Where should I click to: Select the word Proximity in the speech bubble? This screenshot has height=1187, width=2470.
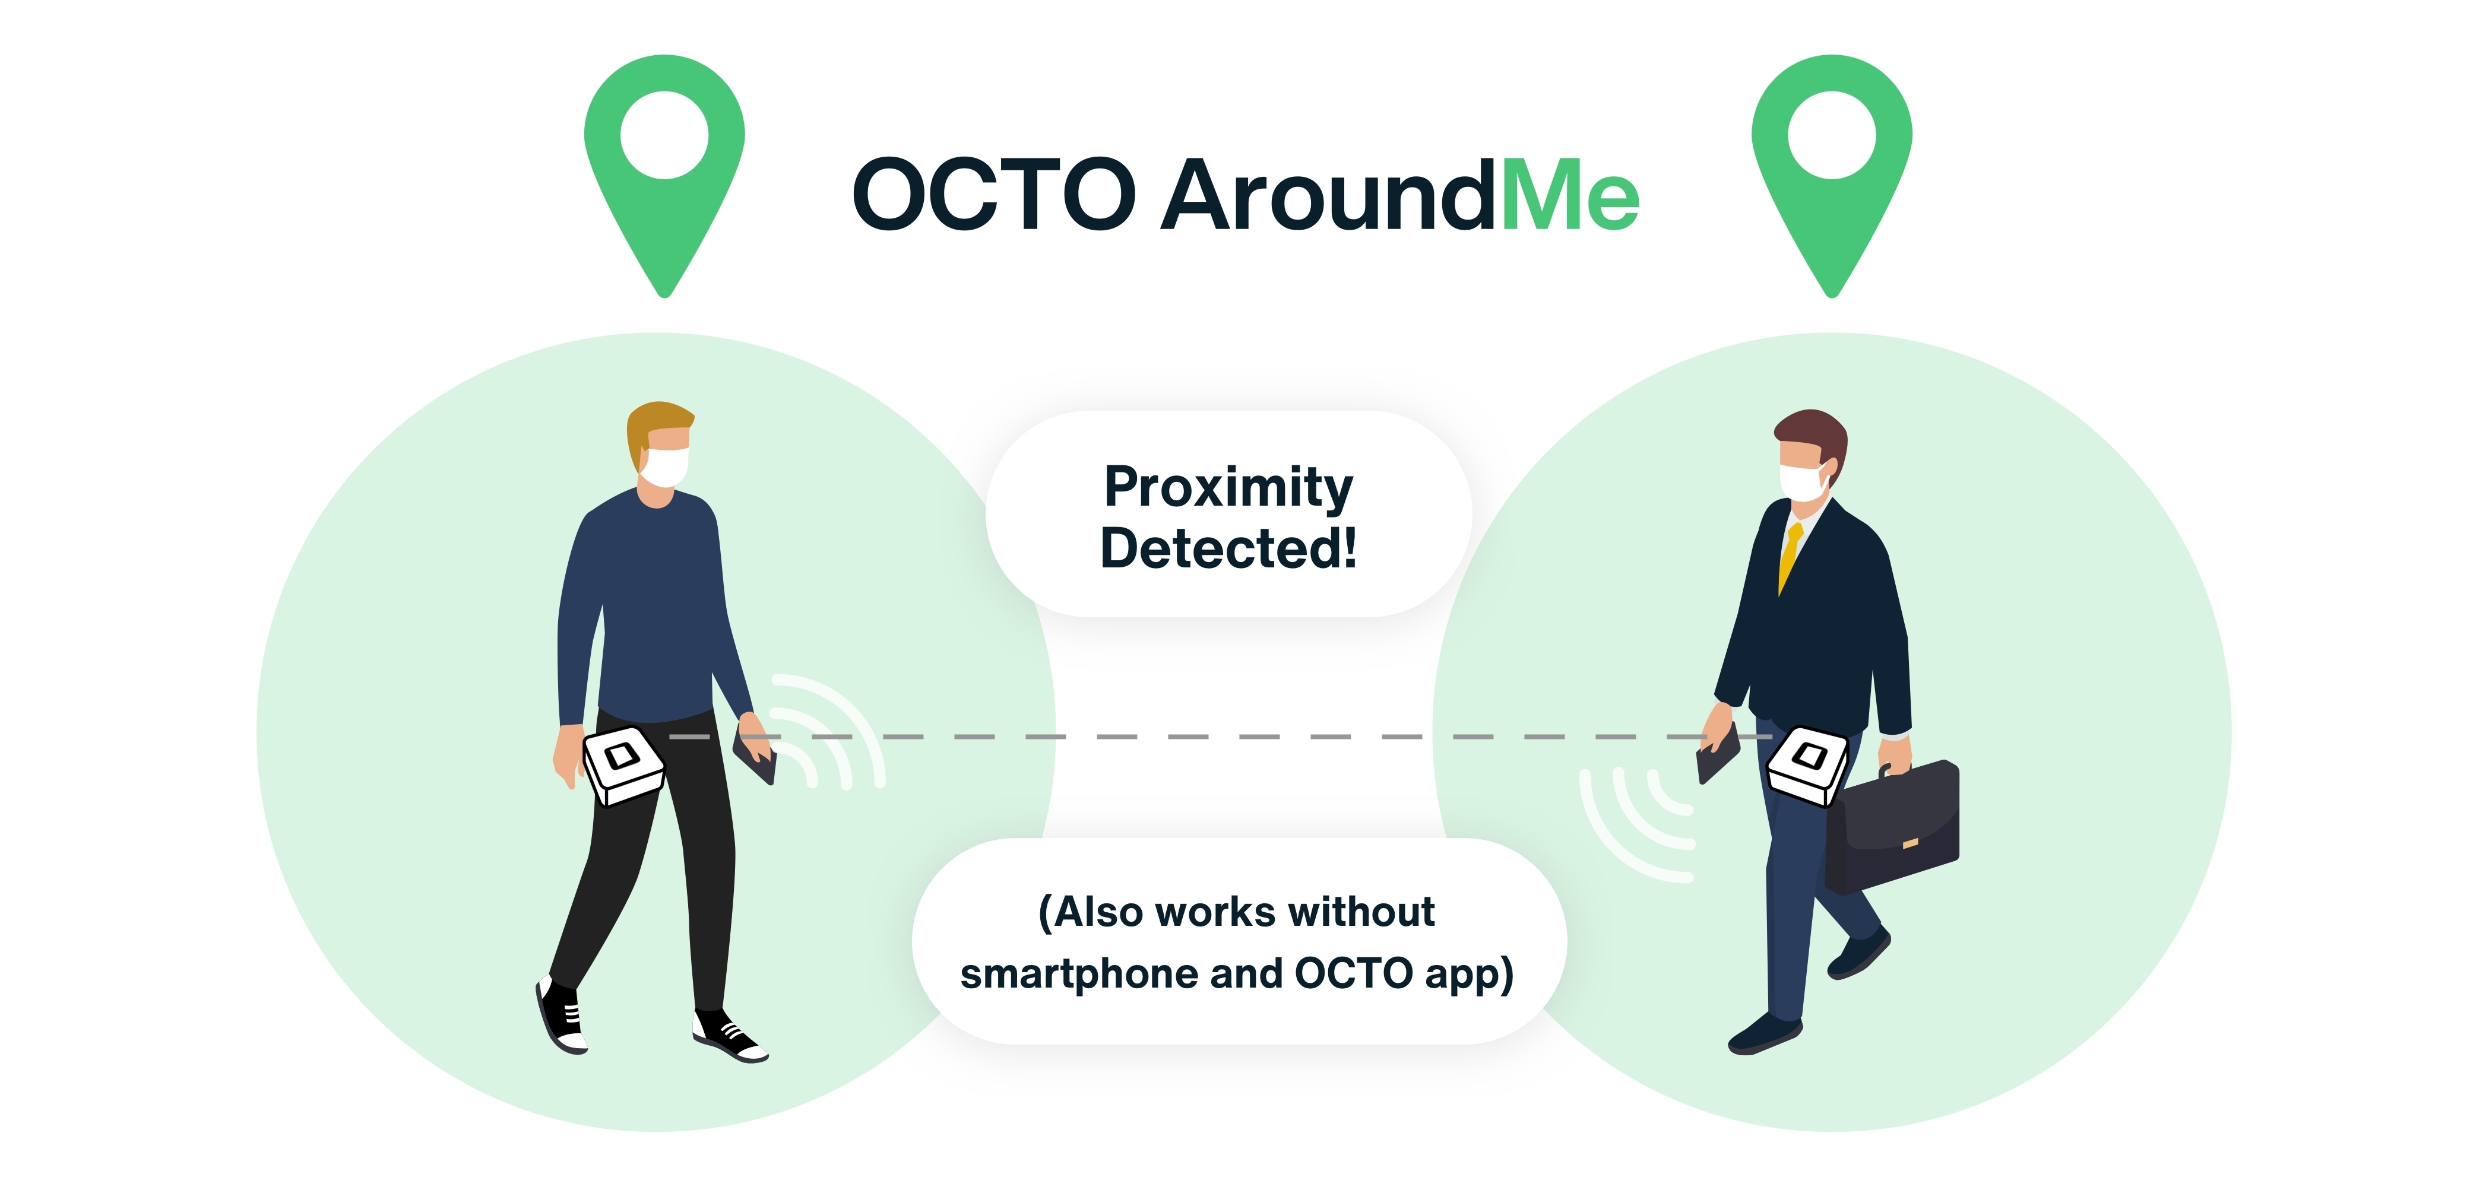(x=1228, y=487)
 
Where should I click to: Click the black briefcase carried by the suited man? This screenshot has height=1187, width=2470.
(x=1891, y=827)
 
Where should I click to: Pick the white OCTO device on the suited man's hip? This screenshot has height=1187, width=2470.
(x=1807, y=764)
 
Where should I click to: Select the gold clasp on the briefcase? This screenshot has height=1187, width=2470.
(x=1910, y=843)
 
